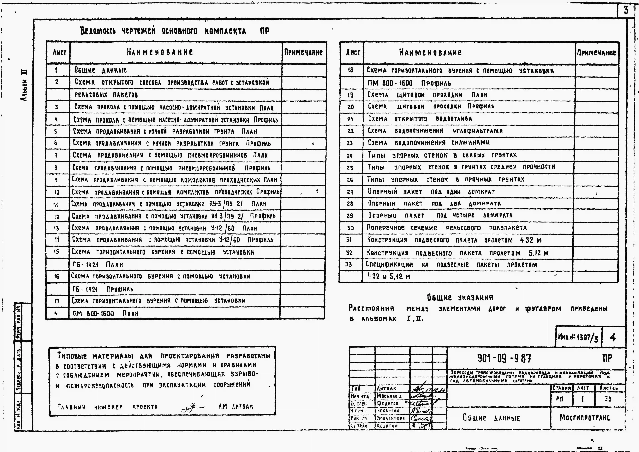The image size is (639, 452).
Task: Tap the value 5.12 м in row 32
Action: point(538,253)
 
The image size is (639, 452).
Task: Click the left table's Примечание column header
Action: point(303,52)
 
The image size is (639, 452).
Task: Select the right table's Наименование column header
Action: point(430,52)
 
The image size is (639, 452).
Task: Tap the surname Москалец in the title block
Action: point(389,396)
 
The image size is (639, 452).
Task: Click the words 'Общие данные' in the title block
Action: point(491,418)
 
